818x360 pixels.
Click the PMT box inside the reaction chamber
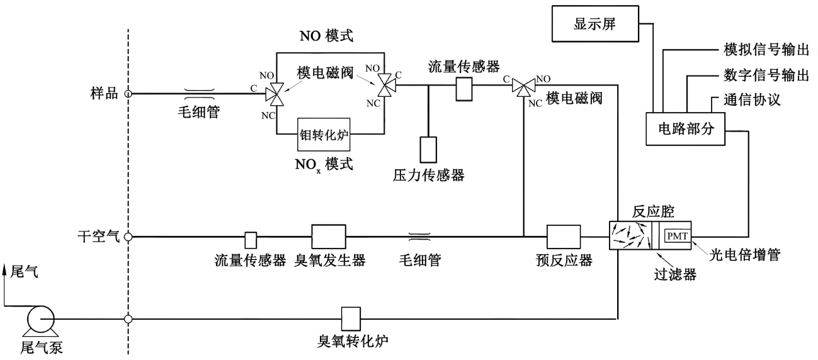pyautogui.click(x=679, y=237)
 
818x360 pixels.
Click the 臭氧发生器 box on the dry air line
pyautogui.click(x=329, y=237)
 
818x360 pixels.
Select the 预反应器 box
pyautogui.click(x=564, y=237)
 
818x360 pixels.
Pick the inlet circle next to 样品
pyautogui.click(x=128, y=94)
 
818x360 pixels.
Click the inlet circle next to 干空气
pyautogui.click(x=128, y=237)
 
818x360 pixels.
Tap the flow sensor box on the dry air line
pyautogui.click(x=250, y=239)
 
